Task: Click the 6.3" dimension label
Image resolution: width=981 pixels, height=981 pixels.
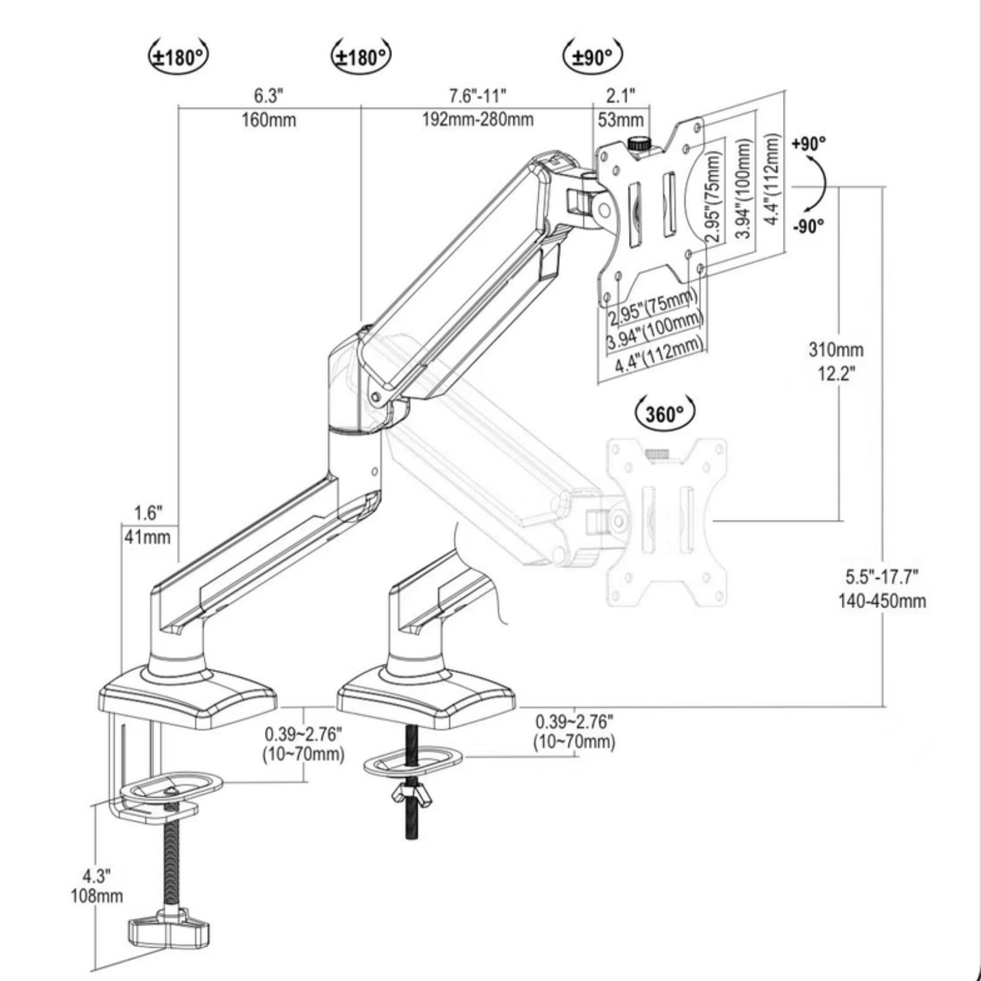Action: (x=269, y=96)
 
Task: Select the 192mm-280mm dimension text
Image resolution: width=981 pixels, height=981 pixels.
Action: (x=477, y=119)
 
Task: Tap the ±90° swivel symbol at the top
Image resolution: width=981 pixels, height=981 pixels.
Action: (x=592, y=57)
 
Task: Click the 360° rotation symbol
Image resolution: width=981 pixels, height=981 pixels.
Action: (x=665, y=414)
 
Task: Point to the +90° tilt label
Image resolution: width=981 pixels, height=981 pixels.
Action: (x=809, y=144)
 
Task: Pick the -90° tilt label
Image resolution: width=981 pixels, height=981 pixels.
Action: (x=809, y=226)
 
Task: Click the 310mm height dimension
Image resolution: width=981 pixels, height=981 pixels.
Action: (x=836, y=350)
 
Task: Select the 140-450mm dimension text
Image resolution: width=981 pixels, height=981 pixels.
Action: (x=882, y=601)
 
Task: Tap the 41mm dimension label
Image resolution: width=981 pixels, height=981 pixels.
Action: (x=147, y=537)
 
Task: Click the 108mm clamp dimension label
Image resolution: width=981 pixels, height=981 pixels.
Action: (x=97, y=896)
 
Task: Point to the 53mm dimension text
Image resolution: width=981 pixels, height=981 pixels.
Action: (x=620, y=120)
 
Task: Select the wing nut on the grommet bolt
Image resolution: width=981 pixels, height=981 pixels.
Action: (x=411, y=795)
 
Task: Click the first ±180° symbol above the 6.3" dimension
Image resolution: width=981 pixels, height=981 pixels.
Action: (x=178, y=57)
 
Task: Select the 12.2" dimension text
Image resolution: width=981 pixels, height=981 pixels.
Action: (x=836, y=373)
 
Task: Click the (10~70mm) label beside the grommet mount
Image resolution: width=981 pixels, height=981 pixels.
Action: (x=574, y=742)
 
